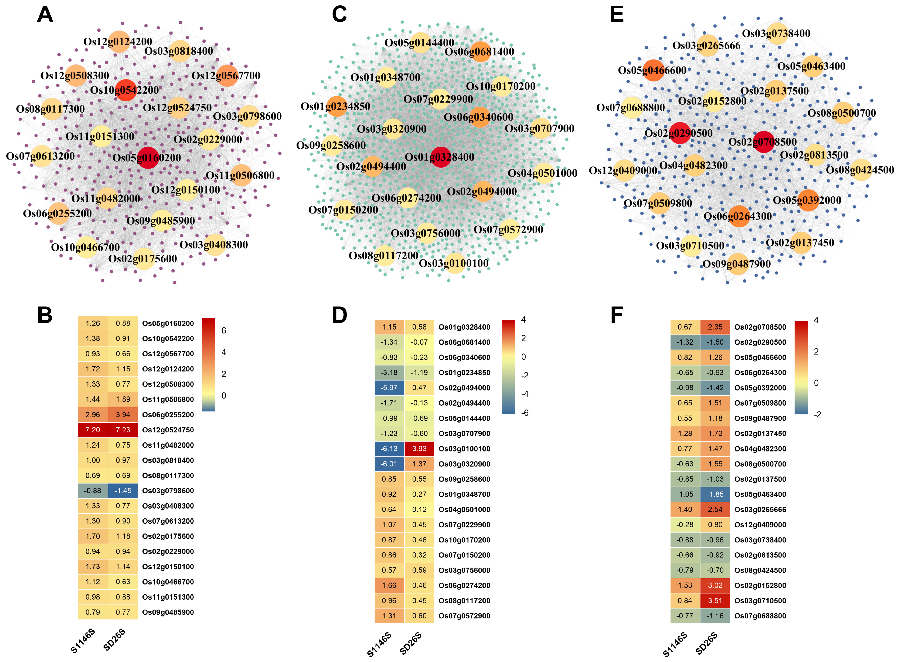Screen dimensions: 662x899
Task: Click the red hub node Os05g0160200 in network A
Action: coord(148,157)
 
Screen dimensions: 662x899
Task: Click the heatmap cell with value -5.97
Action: coord(389,387)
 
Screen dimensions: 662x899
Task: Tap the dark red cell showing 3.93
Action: coord(419,448)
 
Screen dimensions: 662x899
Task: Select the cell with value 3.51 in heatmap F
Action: coord(715,600)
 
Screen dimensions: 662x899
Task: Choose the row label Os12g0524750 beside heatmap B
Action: coord(168,430)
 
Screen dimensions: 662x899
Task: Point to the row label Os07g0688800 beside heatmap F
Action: coord(760,616)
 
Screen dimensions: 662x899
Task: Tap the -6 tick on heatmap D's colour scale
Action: coord(525,413)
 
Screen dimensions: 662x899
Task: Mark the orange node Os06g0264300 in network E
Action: coord(738,216)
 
